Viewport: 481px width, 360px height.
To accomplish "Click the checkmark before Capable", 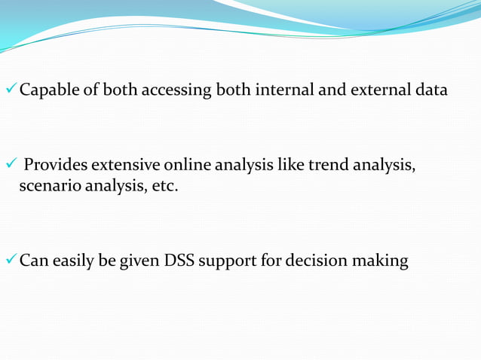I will (11, 90).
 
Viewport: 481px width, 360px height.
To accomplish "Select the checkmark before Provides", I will (11, 164).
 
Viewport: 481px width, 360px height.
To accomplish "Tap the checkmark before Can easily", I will (11, 261).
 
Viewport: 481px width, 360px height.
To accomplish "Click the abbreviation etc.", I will (165, 185).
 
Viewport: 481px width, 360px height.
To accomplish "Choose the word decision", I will (327, 261).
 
